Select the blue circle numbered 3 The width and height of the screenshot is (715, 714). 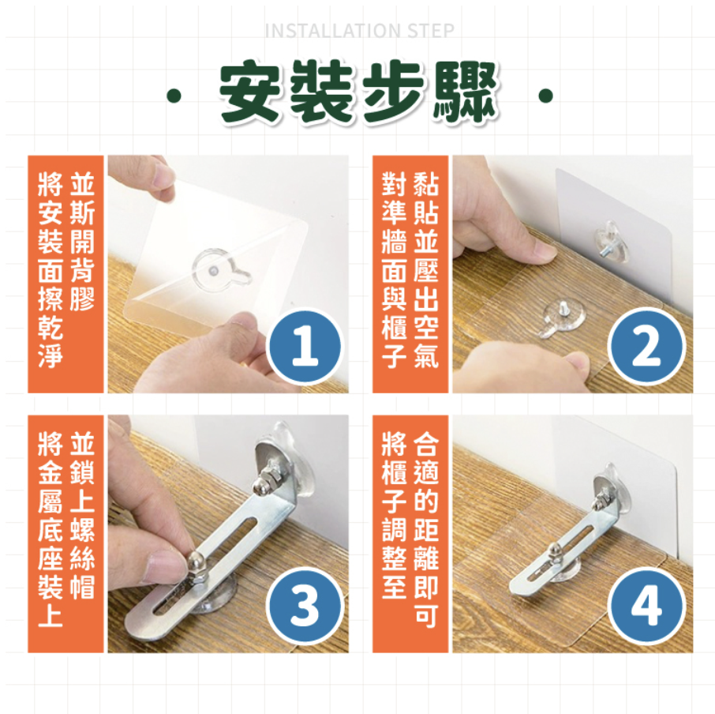click(x=305, y=606)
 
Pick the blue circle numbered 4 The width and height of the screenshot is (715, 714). click(x=646, y=606)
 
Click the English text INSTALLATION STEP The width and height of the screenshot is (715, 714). click(x=359, y=31)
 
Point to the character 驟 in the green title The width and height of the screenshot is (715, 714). click(x=466, y=92)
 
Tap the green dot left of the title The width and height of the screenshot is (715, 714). click(x=174, y=96)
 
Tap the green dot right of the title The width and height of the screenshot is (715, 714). click(x=545, y=96)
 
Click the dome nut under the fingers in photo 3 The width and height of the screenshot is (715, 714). click(x=197, y=566)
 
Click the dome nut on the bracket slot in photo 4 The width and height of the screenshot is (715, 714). click(x=553, y=549)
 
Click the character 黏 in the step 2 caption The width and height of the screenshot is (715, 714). click(x=425, y=184)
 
